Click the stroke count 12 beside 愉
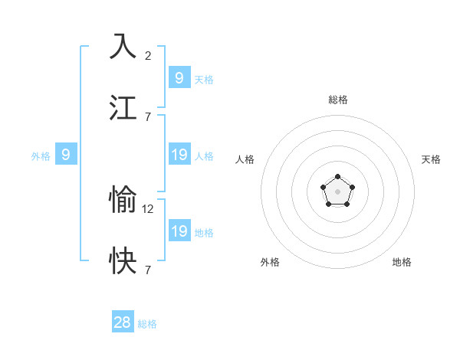149,208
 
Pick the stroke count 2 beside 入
148,55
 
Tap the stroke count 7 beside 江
148,116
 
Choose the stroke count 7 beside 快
148,270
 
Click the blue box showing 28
123,322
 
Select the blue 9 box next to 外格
66,155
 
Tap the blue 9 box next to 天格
179,77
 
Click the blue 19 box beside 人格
179,155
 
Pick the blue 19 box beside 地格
179,231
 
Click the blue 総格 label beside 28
148,324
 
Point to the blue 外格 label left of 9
41,156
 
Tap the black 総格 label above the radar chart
338,100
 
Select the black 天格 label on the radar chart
432,159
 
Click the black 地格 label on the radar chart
402,262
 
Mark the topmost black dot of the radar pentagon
337,177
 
